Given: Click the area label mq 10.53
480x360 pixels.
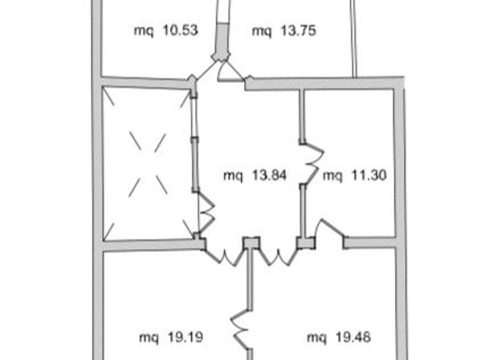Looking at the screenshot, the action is pyautogui.click(x=166, y=31).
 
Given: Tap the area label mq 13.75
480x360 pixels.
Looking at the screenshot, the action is pyautogui.click(x=284, y=31).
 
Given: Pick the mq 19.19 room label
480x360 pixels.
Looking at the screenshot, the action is pyautogui.click(x=171, y=337).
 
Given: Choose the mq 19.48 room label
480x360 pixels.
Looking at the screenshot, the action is pyautogui.click(x=339, y=337).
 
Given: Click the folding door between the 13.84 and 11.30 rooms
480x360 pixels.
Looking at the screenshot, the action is pyautogui.click(x=312, y=164).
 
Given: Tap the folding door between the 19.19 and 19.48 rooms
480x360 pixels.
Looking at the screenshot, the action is pyautogui.click(x=241, y=329).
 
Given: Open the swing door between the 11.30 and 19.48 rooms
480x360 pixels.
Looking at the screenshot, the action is pyautogui.click(x=331, y=227).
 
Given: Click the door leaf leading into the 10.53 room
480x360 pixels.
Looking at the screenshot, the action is pyautogui.click(x=207, y=70).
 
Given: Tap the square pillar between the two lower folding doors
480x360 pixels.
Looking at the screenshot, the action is pyautogui.click(x=251, y=243).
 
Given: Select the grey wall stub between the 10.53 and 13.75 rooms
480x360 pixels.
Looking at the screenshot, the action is pyautogui.click(x=222, y=41).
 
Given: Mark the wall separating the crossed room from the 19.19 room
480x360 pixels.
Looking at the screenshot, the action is pyautogui.click(x=153, y=245).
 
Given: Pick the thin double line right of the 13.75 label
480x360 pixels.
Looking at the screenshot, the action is pyautogui.click(x=353, y=38).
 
